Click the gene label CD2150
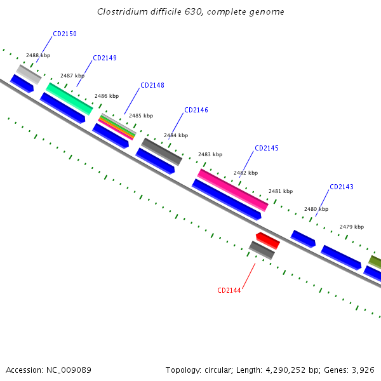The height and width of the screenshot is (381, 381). pyautogui.click(x=65, y=34)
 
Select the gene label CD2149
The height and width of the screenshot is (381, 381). pyautogui.click(x=105, y=58)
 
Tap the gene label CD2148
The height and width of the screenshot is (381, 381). pyautogui.click(x=152, y=85)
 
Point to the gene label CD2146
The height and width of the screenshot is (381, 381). pyautogui.click(x=196, y=110)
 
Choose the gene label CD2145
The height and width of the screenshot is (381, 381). pyautogui.click(x=267, y=148)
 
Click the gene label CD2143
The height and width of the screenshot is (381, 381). pyautogui.click(x=342, y=187)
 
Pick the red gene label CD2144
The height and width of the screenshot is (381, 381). pyautogui.click(x=229, y=290)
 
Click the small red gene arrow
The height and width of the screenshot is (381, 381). pyautogui.click(x=267, y=240)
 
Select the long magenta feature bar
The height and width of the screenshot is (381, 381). pyautogui.click(x=232, y=189)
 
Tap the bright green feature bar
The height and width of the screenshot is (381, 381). pyautogui.click(x=69, y=98)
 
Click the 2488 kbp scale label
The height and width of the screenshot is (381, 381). pyautogui.click(x=37, y=56)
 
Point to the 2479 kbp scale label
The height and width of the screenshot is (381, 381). pyautogui.click(x=352, y=227)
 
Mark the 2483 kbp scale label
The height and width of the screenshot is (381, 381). pyautogui.click(x=210, y=154)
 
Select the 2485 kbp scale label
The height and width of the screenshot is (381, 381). pyautogui.click(x=141, y=116)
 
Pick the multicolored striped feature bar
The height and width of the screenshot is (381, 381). pyautogui.click(x=117, y=126)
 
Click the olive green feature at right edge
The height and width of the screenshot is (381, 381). pyautogui.click(x=375, y=262)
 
